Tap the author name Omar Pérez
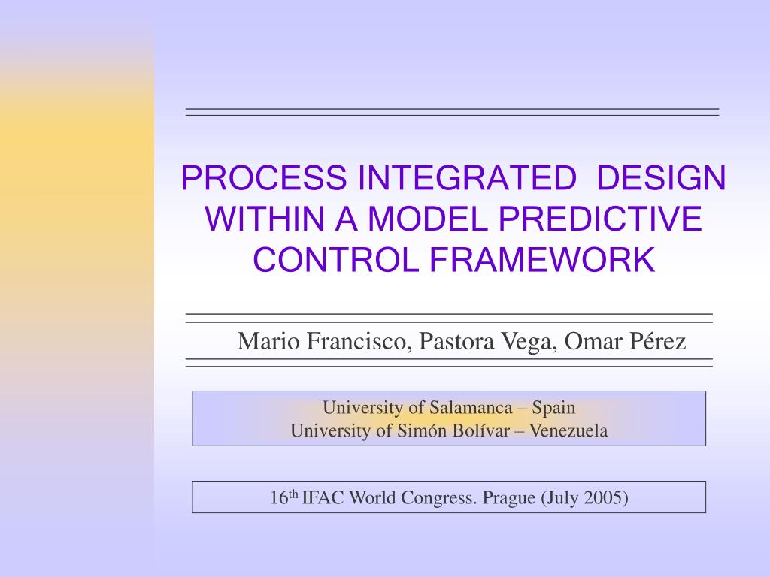click(626, 342)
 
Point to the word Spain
click(553, 408)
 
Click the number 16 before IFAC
click(280, 498)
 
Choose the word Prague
click(508, 498)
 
